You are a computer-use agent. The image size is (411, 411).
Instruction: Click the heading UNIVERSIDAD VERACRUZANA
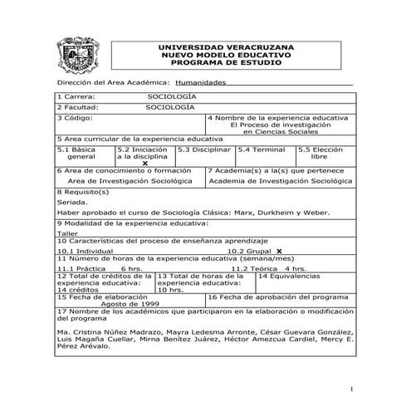(x=227, y=47)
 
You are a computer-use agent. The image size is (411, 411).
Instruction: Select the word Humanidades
(x=202, y=83)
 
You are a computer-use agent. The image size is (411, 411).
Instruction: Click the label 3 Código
(x=76, y=118)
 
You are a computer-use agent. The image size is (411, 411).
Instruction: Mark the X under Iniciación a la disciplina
(x=145, y=163)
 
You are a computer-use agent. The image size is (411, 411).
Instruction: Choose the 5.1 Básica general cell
(x=81, y=153)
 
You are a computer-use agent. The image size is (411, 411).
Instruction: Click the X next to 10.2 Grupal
(x=279, y=250)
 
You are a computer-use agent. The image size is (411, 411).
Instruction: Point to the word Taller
(x=66, y=234)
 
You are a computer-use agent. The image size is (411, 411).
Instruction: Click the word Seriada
(x=71, y=202)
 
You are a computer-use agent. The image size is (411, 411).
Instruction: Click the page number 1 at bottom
(x=351, y=389)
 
